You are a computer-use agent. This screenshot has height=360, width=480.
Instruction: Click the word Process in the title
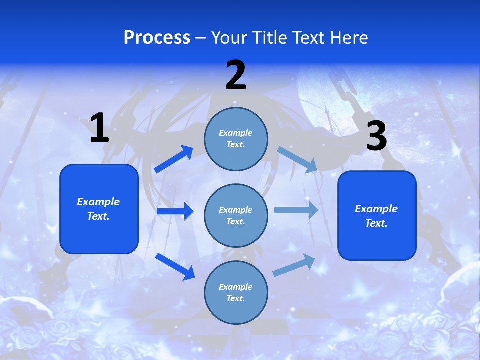[x=157, y=38]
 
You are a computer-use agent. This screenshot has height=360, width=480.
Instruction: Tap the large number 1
[x=99, y=128]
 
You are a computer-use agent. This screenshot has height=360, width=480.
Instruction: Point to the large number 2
[x=236, y=76]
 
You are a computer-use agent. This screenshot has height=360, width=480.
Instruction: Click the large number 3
[x=376, y=136]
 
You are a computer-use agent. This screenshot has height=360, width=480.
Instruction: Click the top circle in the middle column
[x=236, y=139]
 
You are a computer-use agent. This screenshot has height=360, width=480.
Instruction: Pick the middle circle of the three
[x=236, y=215]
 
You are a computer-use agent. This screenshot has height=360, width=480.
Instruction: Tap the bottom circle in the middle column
[x=236, y=292]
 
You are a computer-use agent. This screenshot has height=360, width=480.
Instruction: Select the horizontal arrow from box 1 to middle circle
[x=175, y=211]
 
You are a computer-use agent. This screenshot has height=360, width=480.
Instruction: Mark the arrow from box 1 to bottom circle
[x=175, y=266]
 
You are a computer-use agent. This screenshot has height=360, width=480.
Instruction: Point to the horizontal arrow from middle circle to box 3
[x=296, y=210]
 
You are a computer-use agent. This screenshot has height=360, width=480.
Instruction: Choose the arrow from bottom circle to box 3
[x=294, y=265]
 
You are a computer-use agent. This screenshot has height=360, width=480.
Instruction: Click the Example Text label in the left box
[x=98, y=209]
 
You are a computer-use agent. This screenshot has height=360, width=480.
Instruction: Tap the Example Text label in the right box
[x=376, y=216]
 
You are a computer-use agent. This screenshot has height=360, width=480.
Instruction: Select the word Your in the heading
[x=229, y=38]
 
